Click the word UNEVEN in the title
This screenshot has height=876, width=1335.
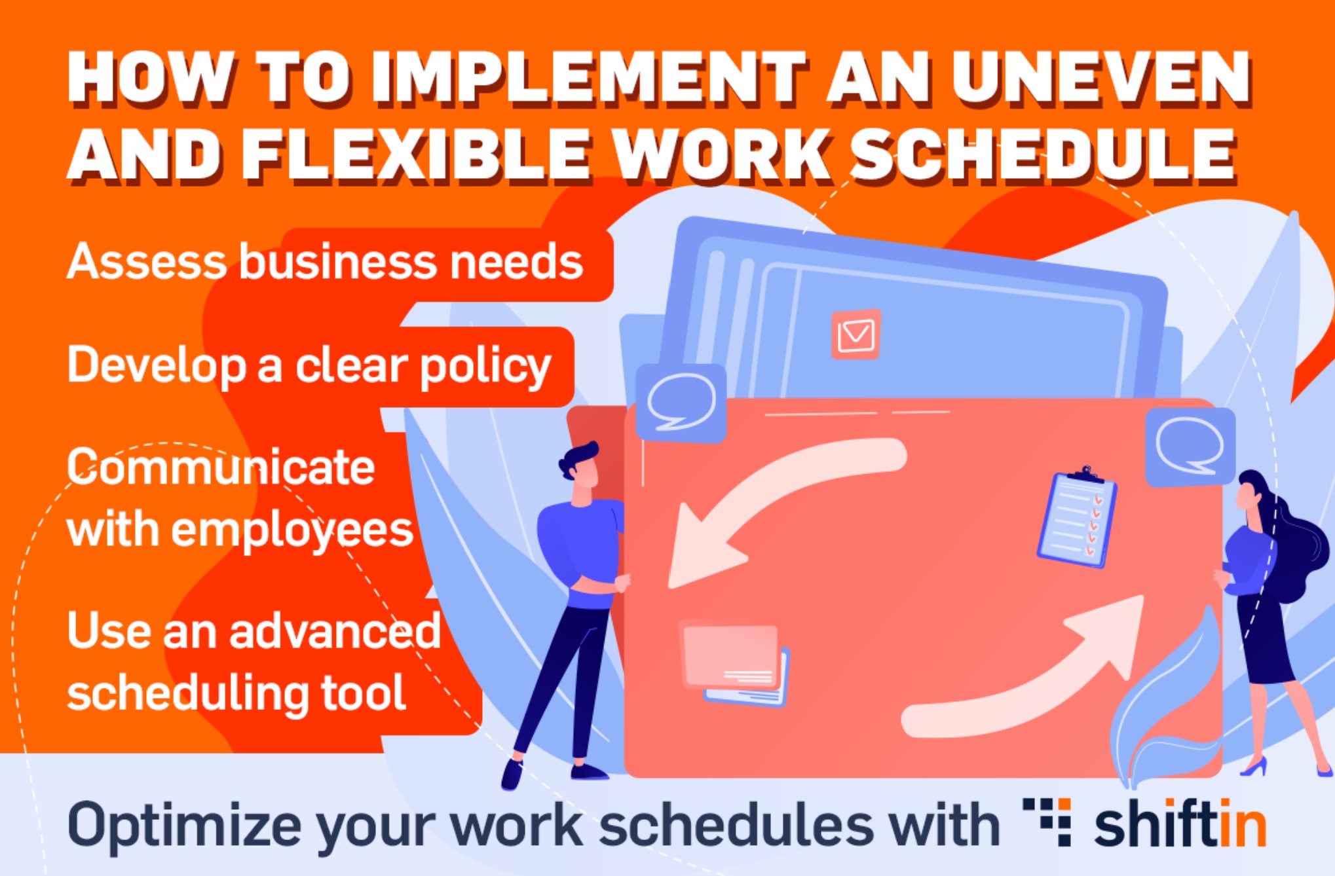tap(1100, 79)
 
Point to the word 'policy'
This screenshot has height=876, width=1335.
tap(485, 367)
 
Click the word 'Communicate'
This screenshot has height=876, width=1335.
tap(221, 467)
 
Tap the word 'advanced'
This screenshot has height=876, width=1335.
tap(335, 631)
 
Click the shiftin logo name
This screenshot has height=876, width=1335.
tap(1180, 825)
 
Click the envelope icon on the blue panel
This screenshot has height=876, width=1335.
tap(856, 335)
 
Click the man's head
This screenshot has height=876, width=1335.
tap(579, 465)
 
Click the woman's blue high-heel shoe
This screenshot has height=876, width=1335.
tap(1254, 767)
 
